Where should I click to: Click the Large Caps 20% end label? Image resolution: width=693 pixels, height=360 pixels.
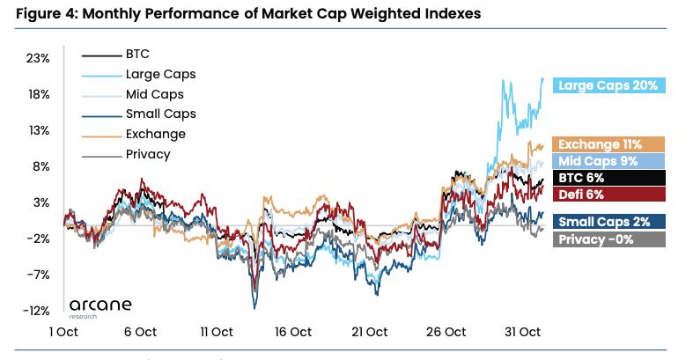tap(608, 85)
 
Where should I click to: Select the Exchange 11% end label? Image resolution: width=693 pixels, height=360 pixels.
tap(608, 144)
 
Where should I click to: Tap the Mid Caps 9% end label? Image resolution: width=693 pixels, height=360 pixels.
tap(608, 161)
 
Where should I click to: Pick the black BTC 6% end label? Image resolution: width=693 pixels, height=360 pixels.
tap(608, 178)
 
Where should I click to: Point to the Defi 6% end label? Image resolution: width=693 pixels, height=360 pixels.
tap(608, 194)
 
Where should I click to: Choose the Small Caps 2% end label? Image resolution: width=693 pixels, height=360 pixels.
tap(608, 223)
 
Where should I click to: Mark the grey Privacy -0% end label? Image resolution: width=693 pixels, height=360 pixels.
tap(608, 239)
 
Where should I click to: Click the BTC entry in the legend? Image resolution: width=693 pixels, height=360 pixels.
tap(138, 54)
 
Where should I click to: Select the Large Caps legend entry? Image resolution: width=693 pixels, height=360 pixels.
tap(160, 74)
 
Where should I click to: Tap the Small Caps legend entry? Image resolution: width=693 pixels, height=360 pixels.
tap(160, 114)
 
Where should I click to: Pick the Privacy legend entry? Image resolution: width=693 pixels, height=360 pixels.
tap(148, 154)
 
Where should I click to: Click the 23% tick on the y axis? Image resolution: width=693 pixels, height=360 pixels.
tap(39, 58)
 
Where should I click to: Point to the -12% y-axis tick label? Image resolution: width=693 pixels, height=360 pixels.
tap(37, 311)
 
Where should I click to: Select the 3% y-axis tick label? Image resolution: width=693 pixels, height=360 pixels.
tap(41, 202)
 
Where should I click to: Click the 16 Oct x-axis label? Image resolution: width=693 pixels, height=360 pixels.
tap(292, 332)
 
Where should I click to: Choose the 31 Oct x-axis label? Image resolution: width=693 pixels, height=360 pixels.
tap(521, 332)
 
